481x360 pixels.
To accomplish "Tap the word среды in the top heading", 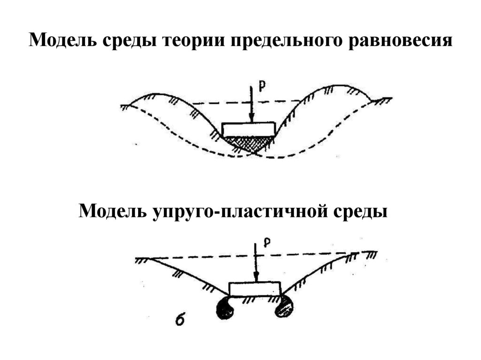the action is pyautogui.click(x=127, y=41).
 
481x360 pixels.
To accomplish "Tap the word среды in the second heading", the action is pyautogui.click(x=360, y=211).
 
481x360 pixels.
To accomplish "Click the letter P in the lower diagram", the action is pyautogui.click(x=267, y=242).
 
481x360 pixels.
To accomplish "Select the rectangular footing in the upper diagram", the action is pyautogui.click(x=248, y=129).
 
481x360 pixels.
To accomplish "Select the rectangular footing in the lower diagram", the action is pyautogui.click(x=255, y=289).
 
